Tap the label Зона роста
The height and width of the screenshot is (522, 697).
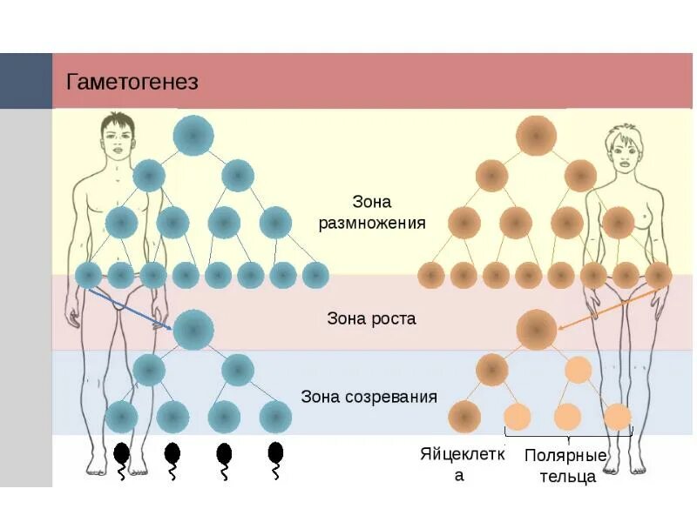(x=371, y=318)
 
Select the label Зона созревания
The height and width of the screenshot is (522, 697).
(x=369, y=397)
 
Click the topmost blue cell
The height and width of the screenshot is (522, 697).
(x=193, y=135)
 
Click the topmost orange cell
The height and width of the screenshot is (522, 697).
(x=536, y=135)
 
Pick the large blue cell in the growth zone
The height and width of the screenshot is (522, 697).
(x=193, y=330)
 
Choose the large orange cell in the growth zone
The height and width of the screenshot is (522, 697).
(x=536, y=330)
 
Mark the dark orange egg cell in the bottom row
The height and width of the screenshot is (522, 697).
(x=465, y=417)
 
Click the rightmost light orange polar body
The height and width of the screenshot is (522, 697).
(x=617, y=417)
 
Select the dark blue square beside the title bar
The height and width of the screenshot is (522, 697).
(x=25, y=81)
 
